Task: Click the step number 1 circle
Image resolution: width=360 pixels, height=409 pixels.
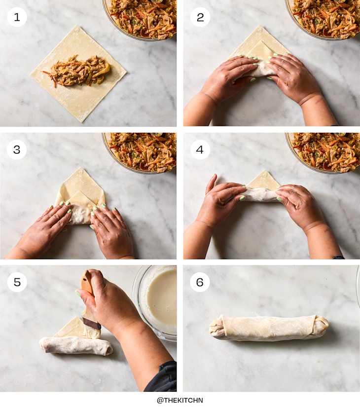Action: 17,17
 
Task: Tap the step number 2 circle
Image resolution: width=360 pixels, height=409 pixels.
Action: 200,17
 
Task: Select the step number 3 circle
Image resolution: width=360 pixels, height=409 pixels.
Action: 17,149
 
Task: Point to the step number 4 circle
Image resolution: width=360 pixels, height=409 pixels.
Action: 200,149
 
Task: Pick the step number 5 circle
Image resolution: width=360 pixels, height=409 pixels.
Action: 17,282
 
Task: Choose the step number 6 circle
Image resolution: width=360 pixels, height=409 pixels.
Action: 200,282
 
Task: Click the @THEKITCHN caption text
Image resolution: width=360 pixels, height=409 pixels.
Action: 180,400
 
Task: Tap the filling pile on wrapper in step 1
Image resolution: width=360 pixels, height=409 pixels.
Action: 77,71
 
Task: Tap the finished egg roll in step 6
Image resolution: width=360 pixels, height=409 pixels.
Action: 269,328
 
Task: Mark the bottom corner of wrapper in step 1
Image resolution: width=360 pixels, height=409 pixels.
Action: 82,122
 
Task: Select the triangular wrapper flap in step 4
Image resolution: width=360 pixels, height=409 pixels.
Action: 263,181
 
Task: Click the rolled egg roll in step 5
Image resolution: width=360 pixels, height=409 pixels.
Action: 76,345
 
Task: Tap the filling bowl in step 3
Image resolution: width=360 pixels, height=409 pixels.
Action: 140,152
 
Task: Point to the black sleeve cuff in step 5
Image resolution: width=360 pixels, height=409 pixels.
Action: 162,376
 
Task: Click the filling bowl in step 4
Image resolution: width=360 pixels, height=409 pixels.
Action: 323,152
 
